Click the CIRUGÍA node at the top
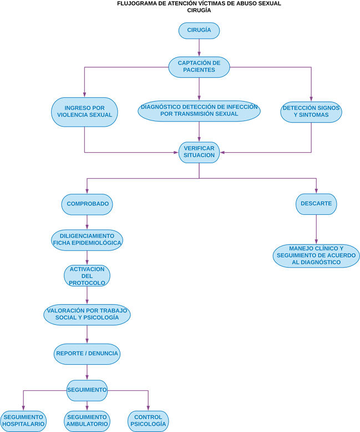point(199,31)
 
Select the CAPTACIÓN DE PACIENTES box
point(199,67)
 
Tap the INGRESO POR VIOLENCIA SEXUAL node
point(84,112)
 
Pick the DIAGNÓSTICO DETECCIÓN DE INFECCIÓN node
point(199,110)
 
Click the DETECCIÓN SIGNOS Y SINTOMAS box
point(311,112)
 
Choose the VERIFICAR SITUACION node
point(199,152)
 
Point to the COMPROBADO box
point(87,204)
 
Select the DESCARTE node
point(316,204)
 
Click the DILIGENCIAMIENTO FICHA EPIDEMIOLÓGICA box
point(87,239)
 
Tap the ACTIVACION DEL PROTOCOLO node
point(87,275)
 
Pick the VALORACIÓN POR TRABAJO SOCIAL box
point(87,314)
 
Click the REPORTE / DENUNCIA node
point(87,353)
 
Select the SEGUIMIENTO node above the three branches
point(87,390)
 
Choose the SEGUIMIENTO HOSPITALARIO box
point(23,421)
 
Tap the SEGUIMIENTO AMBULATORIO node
point(87,421)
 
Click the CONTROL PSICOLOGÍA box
point(148,421)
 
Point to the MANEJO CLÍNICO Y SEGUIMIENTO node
point(316,255)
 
